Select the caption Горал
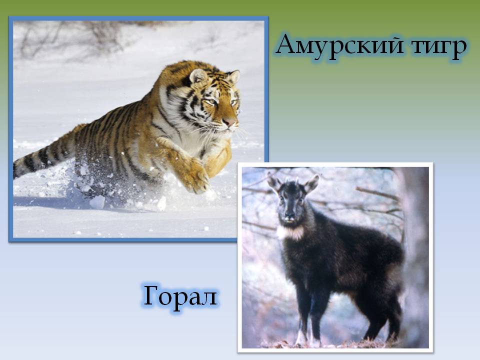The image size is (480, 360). [x=180, y=297]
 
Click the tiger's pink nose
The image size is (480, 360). [x=229, y=122]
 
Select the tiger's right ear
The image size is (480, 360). [x=233, y=76]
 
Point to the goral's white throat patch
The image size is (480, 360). [x=291, y=232]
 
